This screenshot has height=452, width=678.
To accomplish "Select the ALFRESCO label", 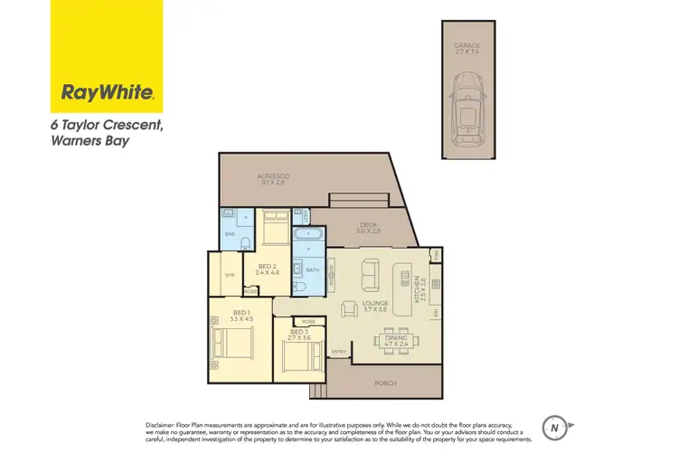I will point(271,178).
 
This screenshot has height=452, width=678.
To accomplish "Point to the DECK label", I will point(367,227).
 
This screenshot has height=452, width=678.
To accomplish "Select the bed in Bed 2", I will point(275,228).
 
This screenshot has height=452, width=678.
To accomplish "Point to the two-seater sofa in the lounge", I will point(371,270).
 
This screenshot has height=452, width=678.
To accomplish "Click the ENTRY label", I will point(339,351).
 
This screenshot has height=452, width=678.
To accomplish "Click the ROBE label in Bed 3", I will point(308,321).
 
